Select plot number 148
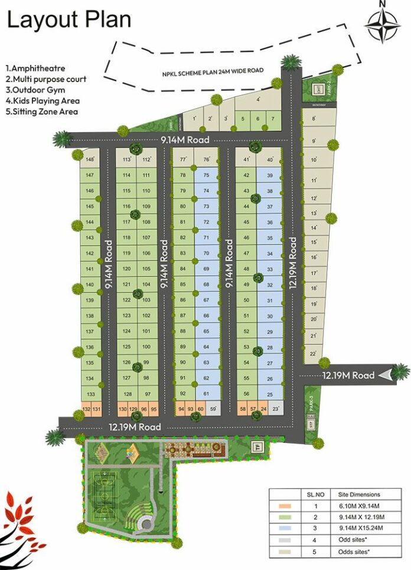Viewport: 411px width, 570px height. click(90, 159)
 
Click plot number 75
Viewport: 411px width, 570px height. click(206, 175)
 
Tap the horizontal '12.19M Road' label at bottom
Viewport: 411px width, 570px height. click(134, 426)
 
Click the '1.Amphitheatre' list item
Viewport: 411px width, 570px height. click(35, 69)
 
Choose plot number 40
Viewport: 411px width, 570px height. click(270, 159)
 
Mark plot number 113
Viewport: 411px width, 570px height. click(126, 159)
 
